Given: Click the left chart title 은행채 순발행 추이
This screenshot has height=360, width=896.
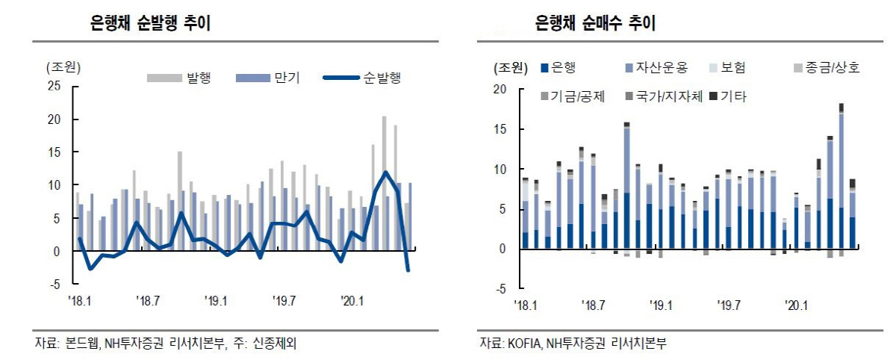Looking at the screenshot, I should (x=150, y=24).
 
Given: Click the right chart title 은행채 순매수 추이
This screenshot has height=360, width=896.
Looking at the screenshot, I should (x=595, y=24).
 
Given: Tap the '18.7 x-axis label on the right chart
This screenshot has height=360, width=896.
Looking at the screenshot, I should (x=591, y=305).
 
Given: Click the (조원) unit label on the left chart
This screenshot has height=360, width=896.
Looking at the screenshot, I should (x=63, y=66).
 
